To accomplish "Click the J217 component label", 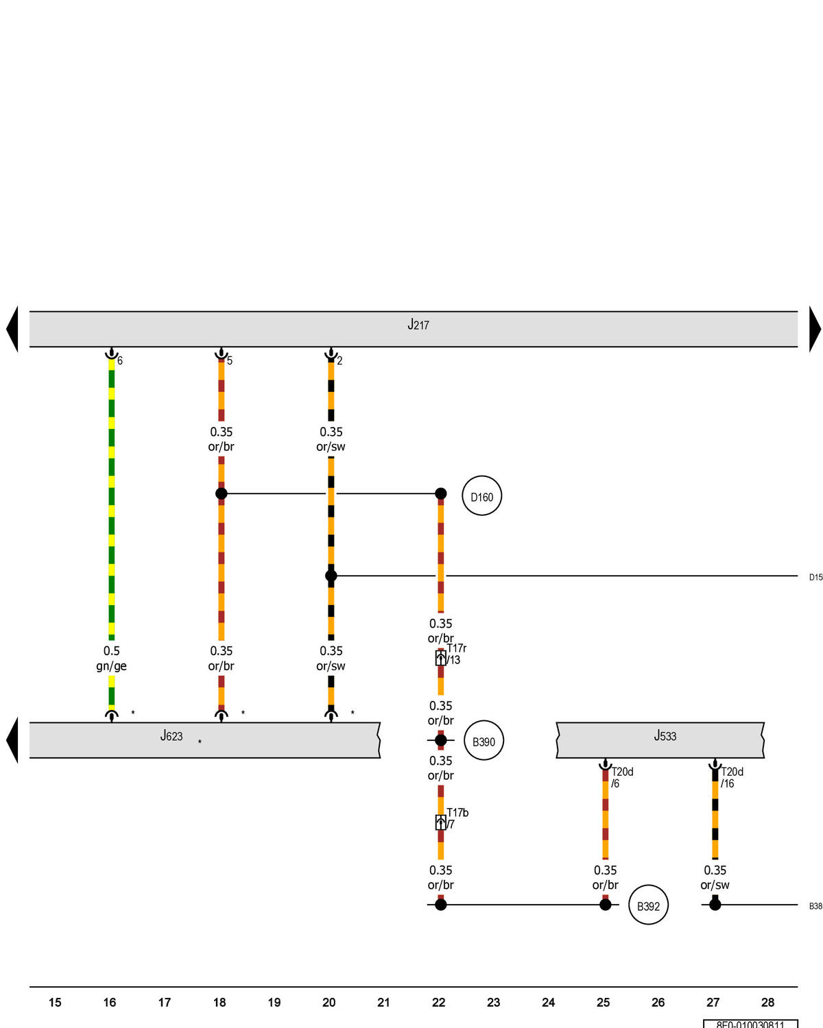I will point(418,325).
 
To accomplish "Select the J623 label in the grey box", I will point(171,736).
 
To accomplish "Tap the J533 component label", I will point(665,736).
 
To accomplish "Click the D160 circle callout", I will point(482,496).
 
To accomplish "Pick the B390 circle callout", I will point(484,741).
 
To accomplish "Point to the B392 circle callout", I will point(648,905).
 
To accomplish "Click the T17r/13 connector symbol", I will point(441,659).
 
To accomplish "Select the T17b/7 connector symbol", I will point(441,822).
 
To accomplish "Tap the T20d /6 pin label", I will point(622,777).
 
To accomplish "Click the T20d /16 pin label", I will point(732,777).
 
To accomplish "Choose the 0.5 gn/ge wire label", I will point(111,658).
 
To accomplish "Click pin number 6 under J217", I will point(120,360).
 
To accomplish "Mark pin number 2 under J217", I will point(339,360).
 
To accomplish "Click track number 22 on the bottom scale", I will point(439,1003).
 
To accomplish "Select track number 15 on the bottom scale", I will point(55,1003).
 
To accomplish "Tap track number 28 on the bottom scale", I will point(767,1003).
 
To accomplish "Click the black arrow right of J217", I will point(815,329).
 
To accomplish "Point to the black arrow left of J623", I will point(12,740).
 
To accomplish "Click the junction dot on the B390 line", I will point(441,740).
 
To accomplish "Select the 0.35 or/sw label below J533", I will point(715,877).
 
